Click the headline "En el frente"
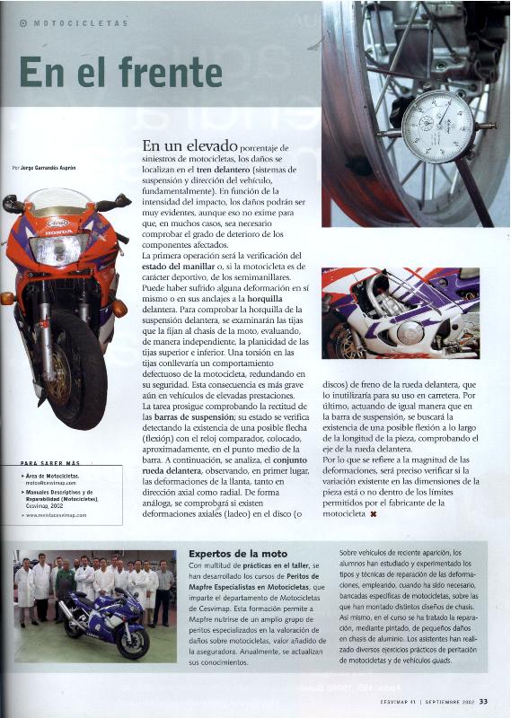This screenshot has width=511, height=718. click(x=108, y=73)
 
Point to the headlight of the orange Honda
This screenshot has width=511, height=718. click(x=59, y=249)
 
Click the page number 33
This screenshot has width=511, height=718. click(x=483, y=702)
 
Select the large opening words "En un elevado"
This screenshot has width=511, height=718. click(x=189, y=145)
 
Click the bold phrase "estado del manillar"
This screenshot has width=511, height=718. click(x=182, y=267)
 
